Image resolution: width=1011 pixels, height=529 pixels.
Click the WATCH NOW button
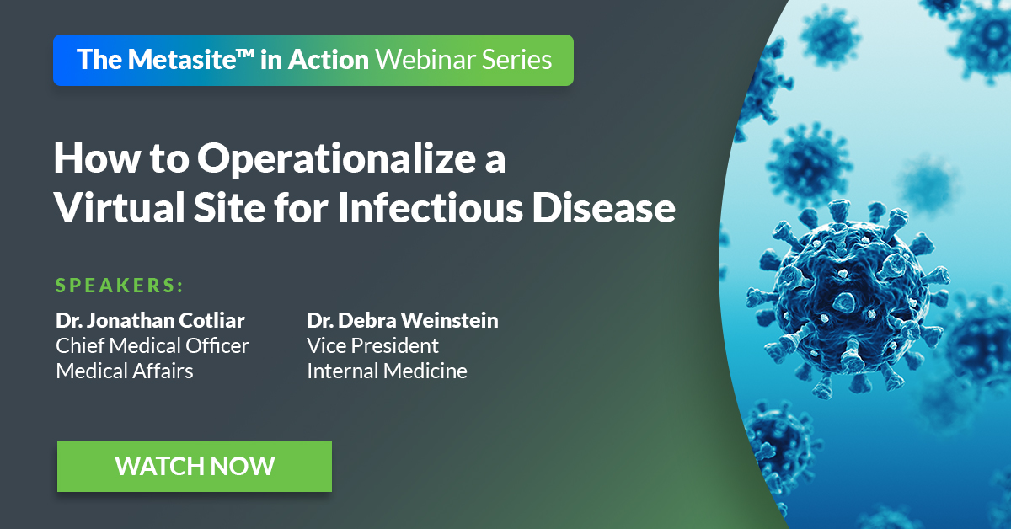tap(195, 467)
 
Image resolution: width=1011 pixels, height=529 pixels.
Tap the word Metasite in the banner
tap(182, 60)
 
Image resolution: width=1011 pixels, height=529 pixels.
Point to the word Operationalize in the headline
tap(336, 160)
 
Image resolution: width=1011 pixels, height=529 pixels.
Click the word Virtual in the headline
tap(120, 207)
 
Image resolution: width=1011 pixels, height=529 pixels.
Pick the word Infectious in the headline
tap(431, 207)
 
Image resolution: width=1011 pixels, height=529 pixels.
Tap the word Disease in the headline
tap(604, 207)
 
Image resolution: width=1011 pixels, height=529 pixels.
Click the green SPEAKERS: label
tap(120, 286)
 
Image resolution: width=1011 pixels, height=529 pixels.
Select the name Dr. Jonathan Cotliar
tap(150, 320)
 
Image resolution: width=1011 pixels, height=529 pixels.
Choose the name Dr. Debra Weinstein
tap(403, 320)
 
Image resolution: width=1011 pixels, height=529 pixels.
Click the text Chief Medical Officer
tap(152, 346)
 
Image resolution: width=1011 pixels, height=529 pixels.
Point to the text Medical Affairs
tap(125, 371)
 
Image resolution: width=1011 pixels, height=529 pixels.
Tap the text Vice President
tap(372, 346)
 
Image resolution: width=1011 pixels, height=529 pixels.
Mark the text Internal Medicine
tap(388, 371)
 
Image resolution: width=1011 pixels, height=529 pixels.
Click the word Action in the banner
tap(329, 60)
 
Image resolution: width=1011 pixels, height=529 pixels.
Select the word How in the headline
tap(97, 159)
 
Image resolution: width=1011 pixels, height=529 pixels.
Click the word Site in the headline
tap(230, 207)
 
